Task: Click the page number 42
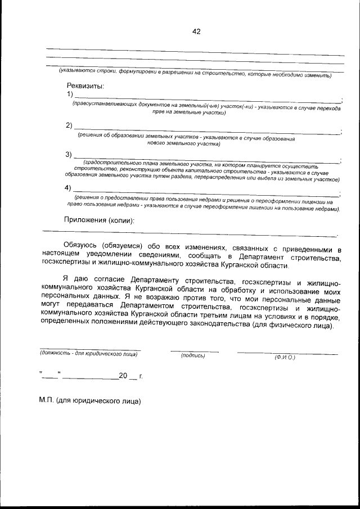pos(196,31)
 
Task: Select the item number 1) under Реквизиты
pos(70,94)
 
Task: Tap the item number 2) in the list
pos(69,125)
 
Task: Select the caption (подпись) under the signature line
pos(193,355)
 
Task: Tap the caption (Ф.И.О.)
pos(285,358)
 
